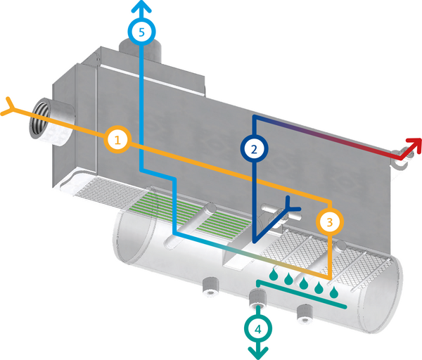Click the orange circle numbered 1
tap(118, 140)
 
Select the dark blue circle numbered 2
tap(254, 148)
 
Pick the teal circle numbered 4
tap(259, 328)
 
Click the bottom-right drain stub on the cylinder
tap(305, 311)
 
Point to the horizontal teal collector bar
tap(302, 297)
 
